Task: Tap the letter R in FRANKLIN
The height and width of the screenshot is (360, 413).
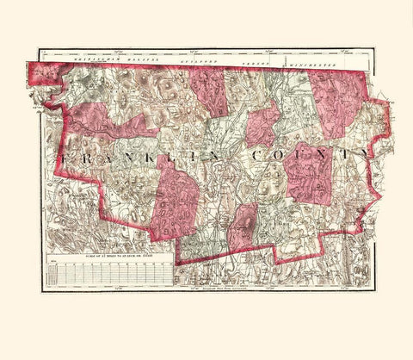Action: coord(88,159)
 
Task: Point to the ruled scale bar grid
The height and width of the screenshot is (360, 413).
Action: coord(108,273)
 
